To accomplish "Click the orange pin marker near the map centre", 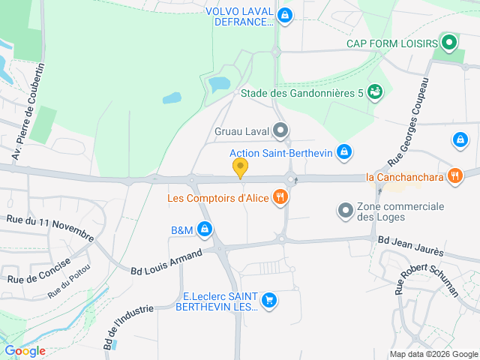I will point(240,168).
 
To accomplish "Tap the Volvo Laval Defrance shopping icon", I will point(284,15).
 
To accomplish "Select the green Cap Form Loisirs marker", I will point(449,42).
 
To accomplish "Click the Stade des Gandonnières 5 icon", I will point(376,91).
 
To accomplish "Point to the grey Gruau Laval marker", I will point(281,132).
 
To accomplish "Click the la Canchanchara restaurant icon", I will point(454,177).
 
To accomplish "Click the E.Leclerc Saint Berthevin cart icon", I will point(269,301).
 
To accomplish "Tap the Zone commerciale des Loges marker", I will point(345,211).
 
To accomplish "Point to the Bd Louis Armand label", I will point(166,262).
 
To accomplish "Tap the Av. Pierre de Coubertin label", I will point(28,112).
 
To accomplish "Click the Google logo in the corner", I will point(25,350).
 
